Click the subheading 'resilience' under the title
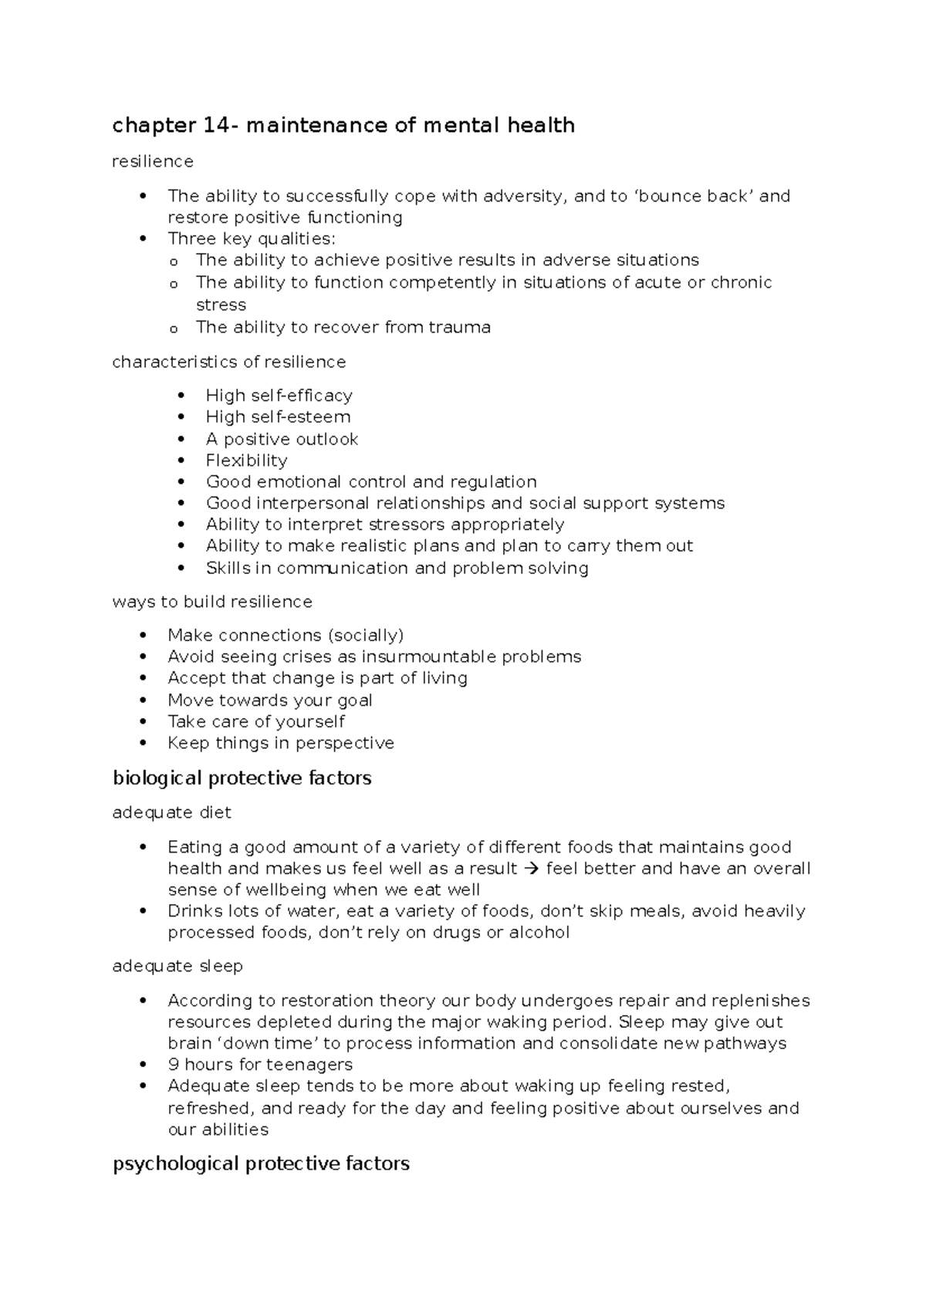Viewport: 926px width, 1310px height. coord(152,161)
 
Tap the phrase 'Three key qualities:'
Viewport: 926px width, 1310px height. coord(252,238)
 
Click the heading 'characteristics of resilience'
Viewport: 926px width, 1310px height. coord(228,362)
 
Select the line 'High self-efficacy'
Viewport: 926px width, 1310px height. coord(279,396)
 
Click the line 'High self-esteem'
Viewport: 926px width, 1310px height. coord(278,417)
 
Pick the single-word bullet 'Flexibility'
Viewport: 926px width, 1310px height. coord(246,461)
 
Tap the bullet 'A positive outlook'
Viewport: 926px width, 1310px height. coord(282,439)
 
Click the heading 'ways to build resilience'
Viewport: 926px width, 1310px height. coord(212,602)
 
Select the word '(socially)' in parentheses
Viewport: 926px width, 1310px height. coord(365,636)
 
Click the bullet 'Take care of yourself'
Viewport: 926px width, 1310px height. coord(256,721)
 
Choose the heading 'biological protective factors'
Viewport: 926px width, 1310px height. coord(242,778)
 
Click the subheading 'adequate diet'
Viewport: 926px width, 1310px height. coord(171,812)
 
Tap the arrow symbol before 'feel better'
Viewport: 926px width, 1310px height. coord(531,869)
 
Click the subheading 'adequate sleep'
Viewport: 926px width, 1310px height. coord(177,966)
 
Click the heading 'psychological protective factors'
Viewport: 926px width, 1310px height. coord(261,1163)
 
